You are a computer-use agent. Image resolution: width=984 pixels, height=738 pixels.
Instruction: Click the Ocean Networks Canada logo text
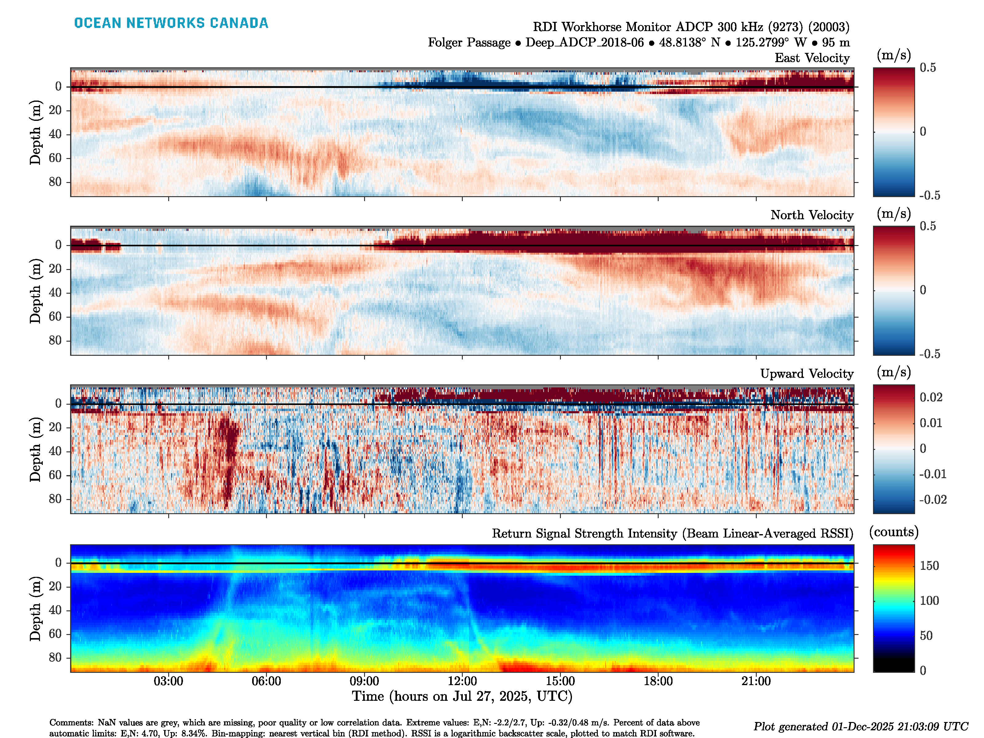(x=171, y=23)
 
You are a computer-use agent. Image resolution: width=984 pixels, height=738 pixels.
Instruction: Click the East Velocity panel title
(x=812, y=58)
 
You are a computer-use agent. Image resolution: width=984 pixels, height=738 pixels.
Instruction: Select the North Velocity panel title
(x=812, y=215)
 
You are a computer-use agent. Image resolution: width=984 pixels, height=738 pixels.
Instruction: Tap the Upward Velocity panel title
(x=807, y=374)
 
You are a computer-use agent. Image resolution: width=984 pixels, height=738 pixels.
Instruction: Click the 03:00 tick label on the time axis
(x=168, y=681)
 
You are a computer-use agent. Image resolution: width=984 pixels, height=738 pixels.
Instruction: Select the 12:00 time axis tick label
(x=462, y=681)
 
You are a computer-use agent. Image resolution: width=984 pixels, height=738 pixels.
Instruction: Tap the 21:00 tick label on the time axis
(x=756, y=681)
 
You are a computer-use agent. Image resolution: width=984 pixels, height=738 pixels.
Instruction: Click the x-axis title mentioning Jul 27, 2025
(x=462, y=696)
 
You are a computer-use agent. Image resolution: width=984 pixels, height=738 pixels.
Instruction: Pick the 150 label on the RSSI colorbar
(x=929, y=566)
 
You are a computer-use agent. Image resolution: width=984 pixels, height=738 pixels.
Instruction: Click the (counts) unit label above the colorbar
(x=894, y=532)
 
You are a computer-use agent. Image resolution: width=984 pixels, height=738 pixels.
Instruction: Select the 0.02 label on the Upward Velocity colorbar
(x=931, y=397)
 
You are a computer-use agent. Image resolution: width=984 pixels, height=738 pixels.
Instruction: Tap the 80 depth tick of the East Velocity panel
(x=55, y=182)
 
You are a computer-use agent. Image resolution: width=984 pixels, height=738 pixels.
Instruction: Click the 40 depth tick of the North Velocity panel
(x=55, y=293)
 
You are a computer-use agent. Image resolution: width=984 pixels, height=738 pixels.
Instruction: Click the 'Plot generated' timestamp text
(x=860, y=726)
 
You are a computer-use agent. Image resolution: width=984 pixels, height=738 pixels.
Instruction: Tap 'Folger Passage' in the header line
(x=469, y=43)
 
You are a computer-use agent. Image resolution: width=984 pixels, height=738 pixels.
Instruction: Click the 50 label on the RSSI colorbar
(x=926, y=636)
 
